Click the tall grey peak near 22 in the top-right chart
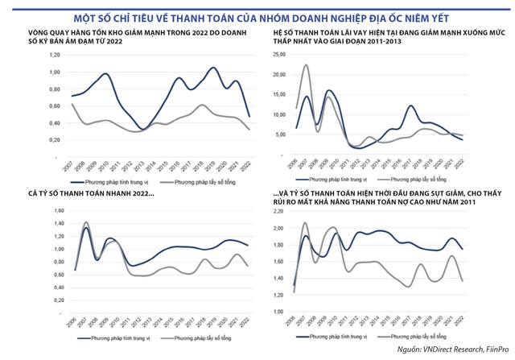(x=306, y=65)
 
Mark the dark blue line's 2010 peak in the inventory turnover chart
(x=105, y=73)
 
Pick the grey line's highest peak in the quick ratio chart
(x=85, y=222)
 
